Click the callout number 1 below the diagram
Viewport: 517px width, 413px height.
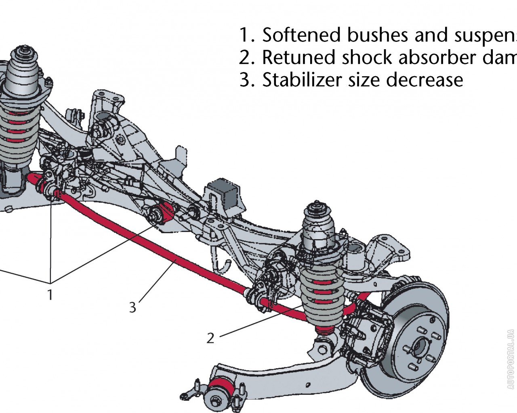pos(50,295)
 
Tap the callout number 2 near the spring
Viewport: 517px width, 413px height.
pos(210,338)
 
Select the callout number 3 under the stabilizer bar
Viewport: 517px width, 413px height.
pos(133,307)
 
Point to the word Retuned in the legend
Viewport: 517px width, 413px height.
pos(298,58)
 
